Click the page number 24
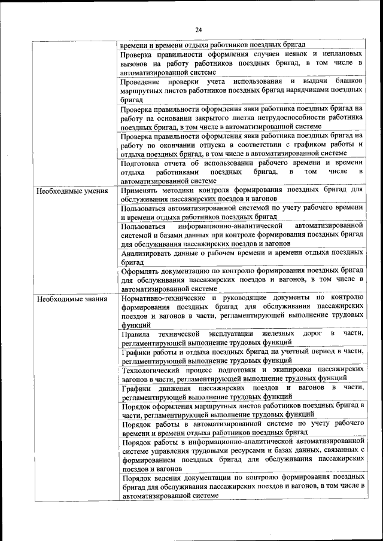tap(199, 30)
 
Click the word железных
tap(265, 334)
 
